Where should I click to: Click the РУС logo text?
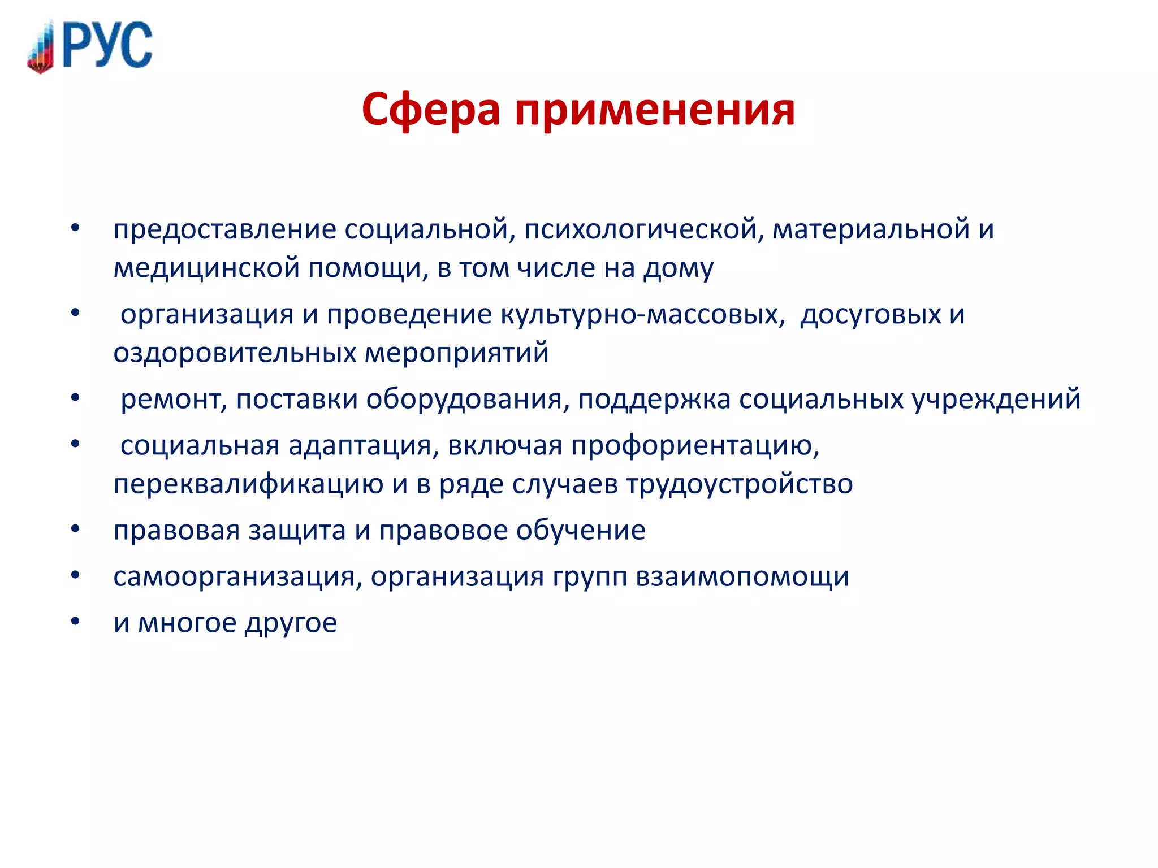pos(107,45)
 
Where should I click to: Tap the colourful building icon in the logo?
pos(41,48)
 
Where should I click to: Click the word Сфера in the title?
pos(431,109)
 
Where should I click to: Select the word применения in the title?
pos(655,109)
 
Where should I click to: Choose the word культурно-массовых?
pos(642,315)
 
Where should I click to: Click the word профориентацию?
pos(695,446)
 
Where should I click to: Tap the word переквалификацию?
pos(248,484)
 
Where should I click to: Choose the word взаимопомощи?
pos(742,577)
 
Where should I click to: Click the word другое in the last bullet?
pos(291,623)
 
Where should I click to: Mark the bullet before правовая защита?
pos(75,530)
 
